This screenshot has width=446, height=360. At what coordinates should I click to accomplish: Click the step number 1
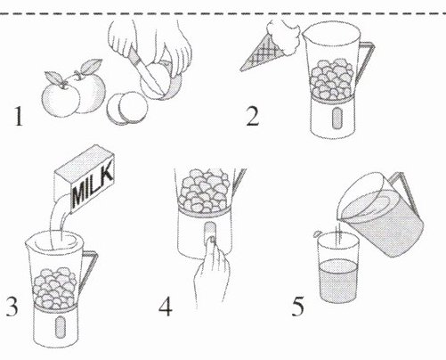pos(19,117)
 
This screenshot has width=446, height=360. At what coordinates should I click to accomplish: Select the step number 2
pos(253,116)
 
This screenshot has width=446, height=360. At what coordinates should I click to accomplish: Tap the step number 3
pos(12,306)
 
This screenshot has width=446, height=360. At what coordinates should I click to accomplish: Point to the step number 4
pos(166,307)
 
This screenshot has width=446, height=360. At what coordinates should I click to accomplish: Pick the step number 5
pos(297,307)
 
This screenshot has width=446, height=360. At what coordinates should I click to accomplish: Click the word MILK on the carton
pos(93,184)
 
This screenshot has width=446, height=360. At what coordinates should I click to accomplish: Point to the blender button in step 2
pos(337,118)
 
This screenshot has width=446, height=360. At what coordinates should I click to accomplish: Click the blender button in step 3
pos(61,327)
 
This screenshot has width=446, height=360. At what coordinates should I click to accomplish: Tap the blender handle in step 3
pos(88,271)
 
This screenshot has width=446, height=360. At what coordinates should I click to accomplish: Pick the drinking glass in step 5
pos(338,266)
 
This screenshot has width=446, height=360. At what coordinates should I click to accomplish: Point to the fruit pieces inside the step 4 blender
pos(205,191)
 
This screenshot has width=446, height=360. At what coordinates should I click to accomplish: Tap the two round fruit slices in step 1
pos(127,107)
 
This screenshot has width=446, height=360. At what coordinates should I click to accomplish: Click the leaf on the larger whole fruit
pos(91,66)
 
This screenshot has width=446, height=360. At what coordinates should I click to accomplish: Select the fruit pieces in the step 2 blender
pos(332,79)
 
